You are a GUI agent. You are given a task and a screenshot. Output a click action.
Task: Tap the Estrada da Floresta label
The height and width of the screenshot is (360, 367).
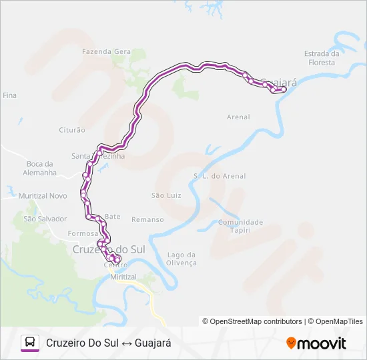coord(322,59)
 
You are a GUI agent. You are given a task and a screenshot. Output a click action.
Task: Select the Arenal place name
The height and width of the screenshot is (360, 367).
coord(238,117)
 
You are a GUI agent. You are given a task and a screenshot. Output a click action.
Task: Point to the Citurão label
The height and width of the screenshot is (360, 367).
coord(72,130)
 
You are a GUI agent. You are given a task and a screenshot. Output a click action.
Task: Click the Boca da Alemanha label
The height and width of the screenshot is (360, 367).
coord(40,169)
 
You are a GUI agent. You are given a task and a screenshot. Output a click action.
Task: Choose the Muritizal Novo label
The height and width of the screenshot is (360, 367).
coord(43,196)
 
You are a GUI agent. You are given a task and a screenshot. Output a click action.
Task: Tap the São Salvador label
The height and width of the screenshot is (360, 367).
coord(45,219)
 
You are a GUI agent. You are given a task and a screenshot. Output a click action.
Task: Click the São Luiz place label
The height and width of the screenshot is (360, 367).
coord(166,195)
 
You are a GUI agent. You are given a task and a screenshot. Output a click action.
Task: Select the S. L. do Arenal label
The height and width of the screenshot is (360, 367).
coord(220,177)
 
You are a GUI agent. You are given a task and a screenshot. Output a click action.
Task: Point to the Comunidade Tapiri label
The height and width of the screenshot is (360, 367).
coord(241,226)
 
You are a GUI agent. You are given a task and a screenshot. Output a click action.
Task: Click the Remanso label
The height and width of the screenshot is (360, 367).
coord(147,219)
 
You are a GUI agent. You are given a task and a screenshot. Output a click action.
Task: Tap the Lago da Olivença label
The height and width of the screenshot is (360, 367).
coord(182,259)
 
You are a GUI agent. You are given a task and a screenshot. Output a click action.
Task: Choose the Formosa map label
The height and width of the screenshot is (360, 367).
coord(83,234)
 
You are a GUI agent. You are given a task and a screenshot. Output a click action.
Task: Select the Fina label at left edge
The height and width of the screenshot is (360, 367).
coord(9,96)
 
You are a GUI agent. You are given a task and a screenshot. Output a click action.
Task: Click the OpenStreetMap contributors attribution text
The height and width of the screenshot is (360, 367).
coord(252,321)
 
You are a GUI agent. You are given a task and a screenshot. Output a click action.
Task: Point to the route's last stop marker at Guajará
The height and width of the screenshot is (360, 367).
coord(284,89)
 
